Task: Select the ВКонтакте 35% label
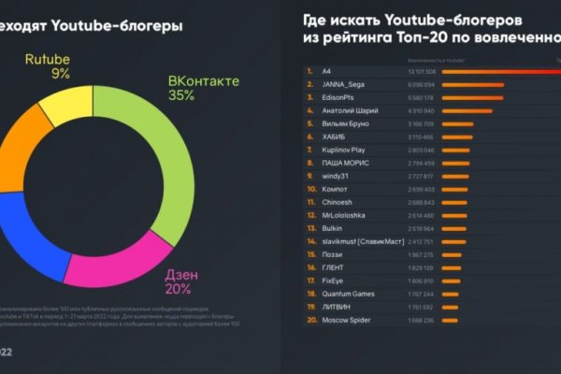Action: pyautogui.click(x=203, y=88)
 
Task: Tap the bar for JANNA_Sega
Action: pyautogui.click(x=472, y=83)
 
